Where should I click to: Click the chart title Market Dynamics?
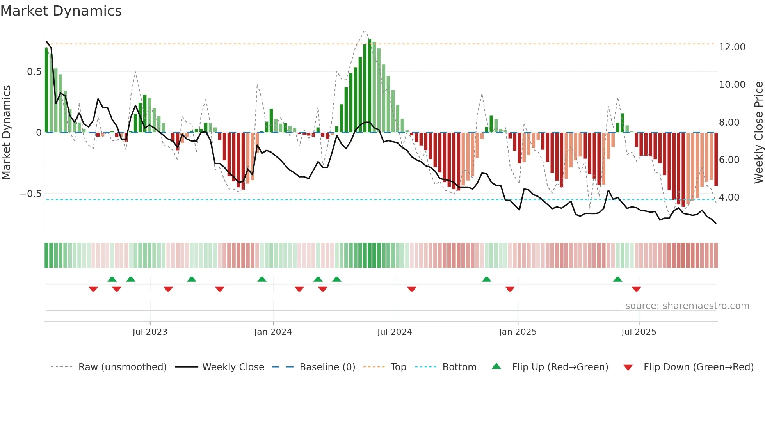pyautogui.click(x=61, y=11)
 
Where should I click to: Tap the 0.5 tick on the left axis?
pyautogui.click(x=34, y=72)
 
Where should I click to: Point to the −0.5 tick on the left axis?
pyautogui.click(x=30, y=194)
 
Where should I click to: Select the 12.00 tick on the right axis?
pyautogui.click(x=732, y=47)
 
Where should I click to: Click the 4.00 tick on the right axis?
pyautogui.click(x=729, y=197)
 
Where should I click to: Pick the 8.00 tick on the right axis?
pyautogui.click(x=729, y=123)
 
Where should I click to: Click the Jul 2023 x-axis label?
pyautogui.click(x=150, y=332)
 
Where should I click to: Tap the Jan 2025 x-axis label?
pyautogui.click(x=518, y=332)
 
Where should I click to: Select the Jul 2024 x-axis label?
pyautogui.click(x=395, y=332)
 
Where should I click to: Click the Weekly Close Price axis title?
pyautogui.click(x=758, y=133)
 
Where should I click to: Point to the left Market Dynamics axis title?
pyautogui.click(x=6, y=133)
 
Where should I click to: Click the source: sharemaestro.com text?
pyautogui.click(x=687, y=306)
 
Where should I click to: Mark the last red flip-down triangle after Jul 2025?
pyautogui.click(x=636, y=289)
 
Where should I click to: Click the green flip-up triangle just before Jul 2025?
pyautogui.click(x=617, y=279)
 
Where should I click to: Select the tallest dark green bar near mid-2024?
pyautogui.click(x=370, y=86)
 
